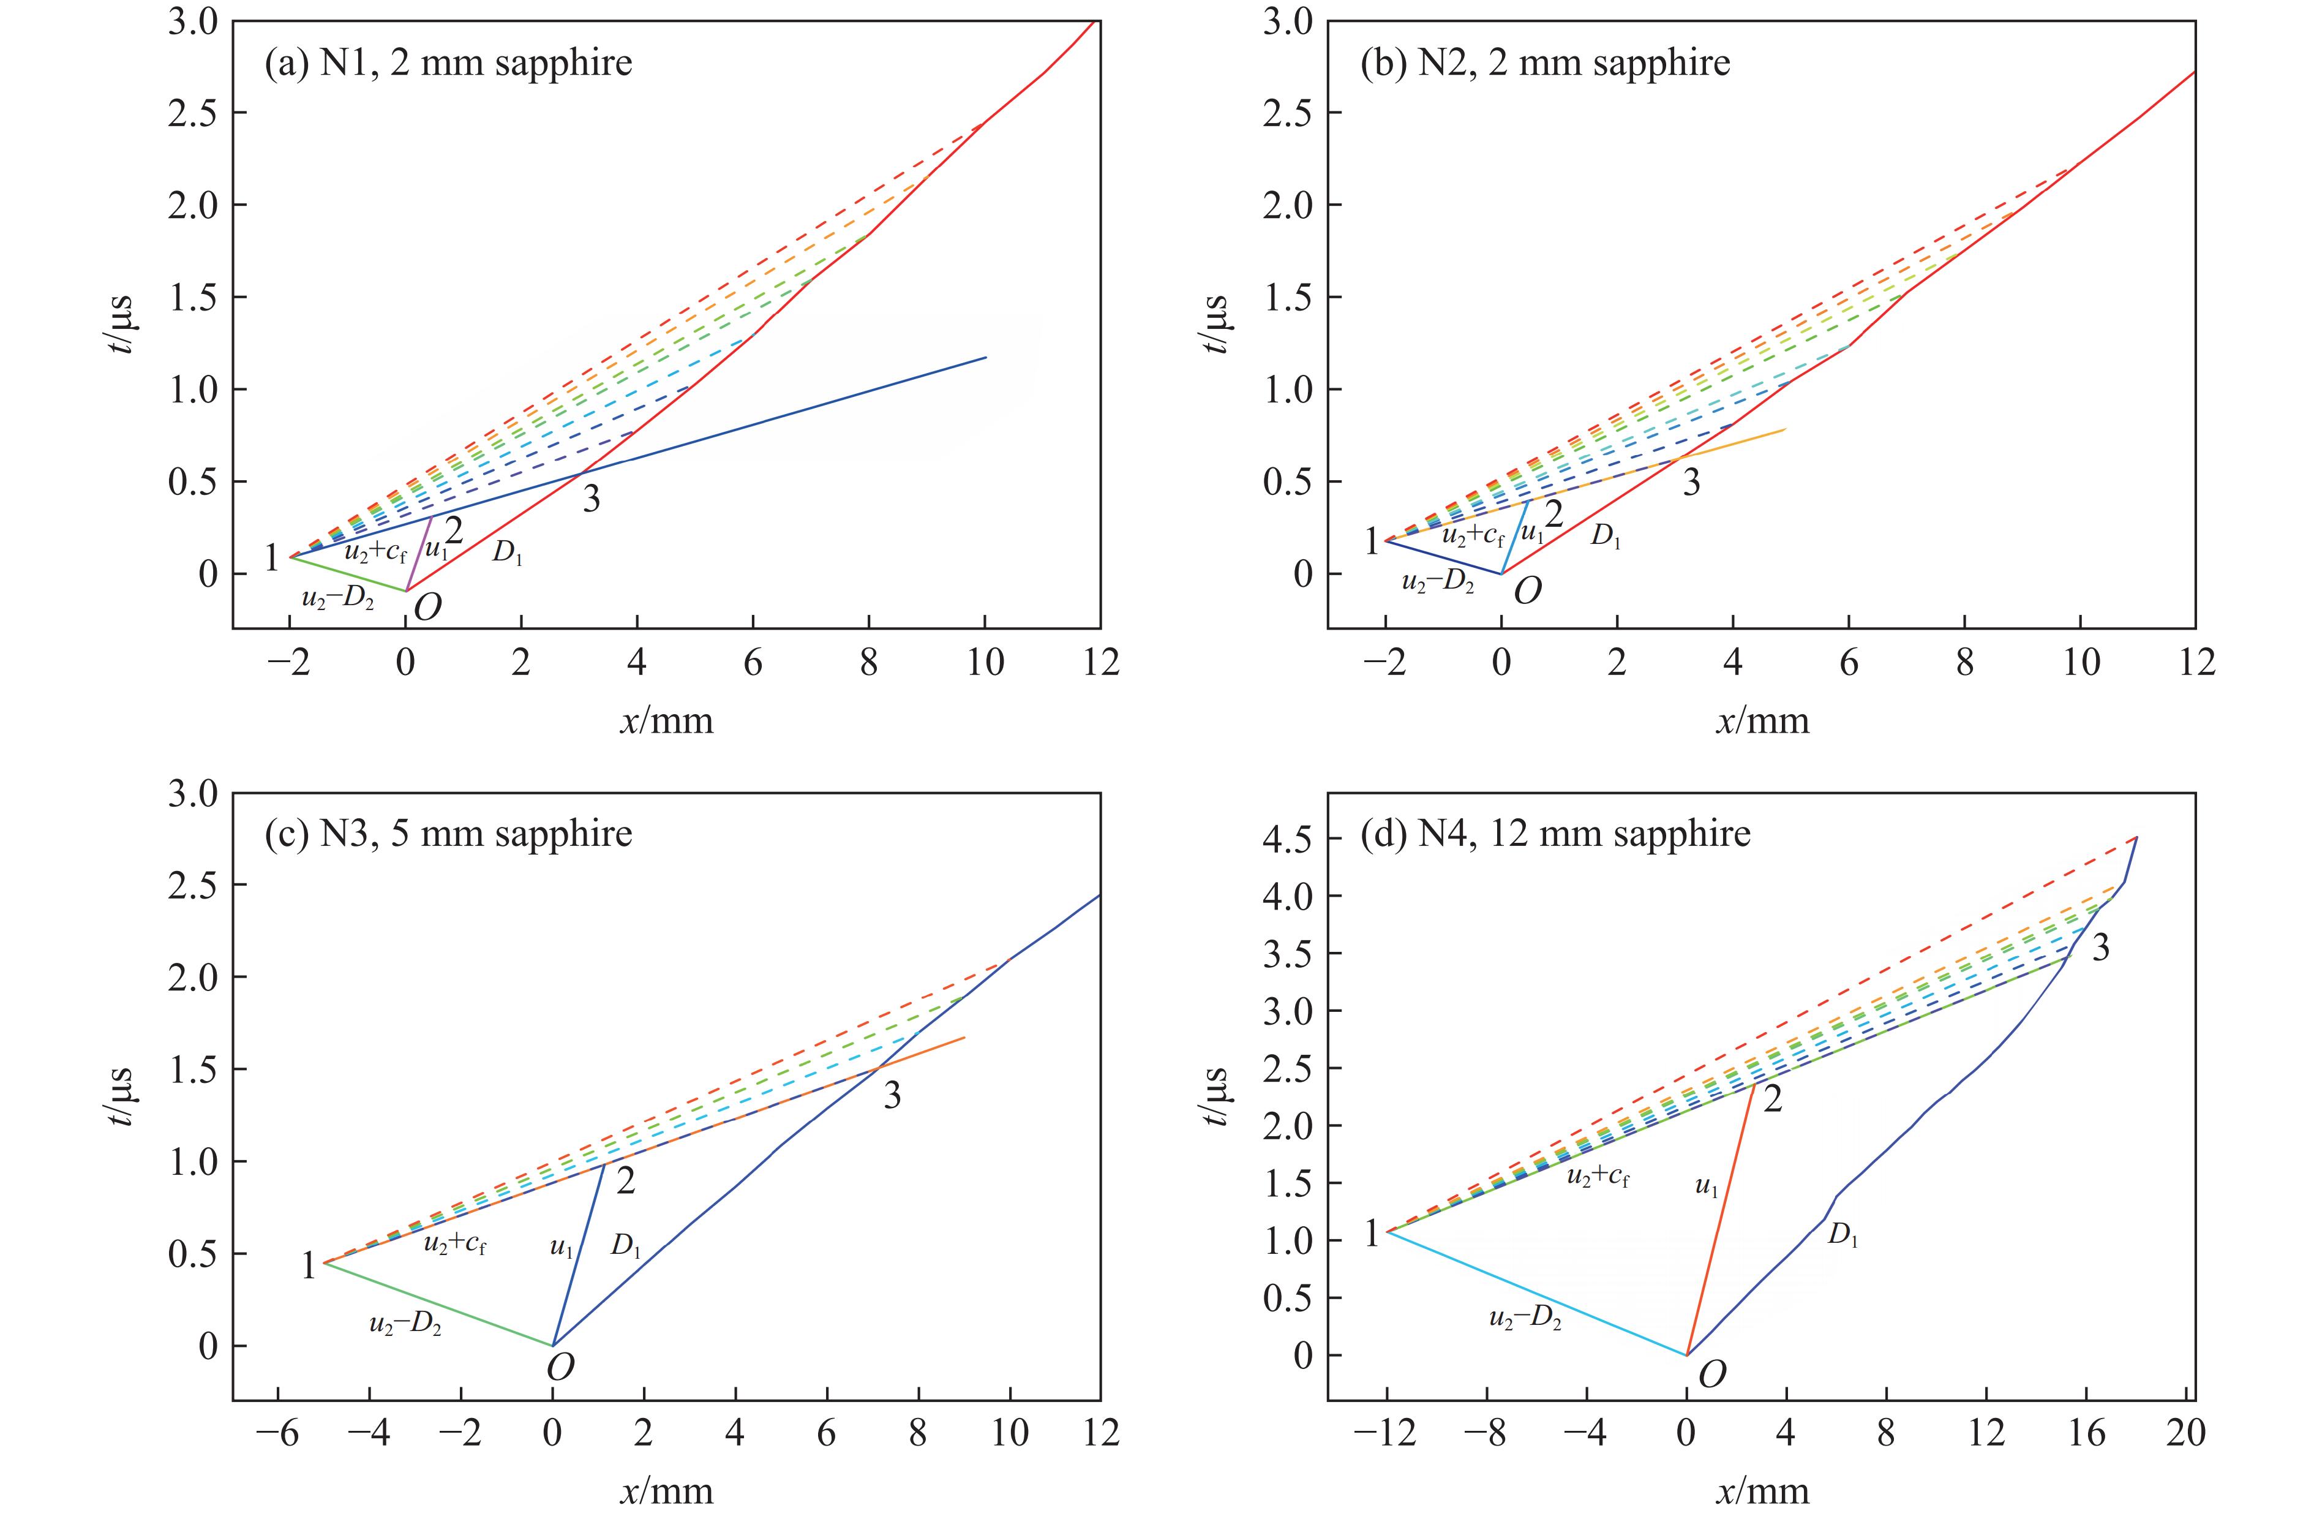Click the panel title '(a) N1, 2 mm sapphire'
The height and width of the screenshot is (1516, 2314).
pyautogui.click(x=448, y=63)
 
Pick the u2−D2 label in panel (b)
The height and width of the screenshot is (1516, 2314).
pyautogui.click(x=1437, y=584)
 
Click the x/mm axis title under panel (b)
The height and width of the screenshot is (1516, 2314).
pyautogui.click(x=1762, y=720)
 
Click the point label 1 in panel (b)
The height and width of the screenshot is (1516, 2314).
pyautogui.click(x=1372, y=541)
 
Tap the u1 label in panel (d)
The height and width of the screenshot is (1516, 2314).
pyautogui.click(x=1707, y=1186)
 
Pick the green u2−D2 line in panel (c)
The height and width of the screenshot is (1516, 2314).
pyautogui.click(x=438, y=1304)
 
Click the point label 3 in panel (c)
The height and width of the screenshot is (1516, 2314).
pyautogui.click(x=892, y=1096)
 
